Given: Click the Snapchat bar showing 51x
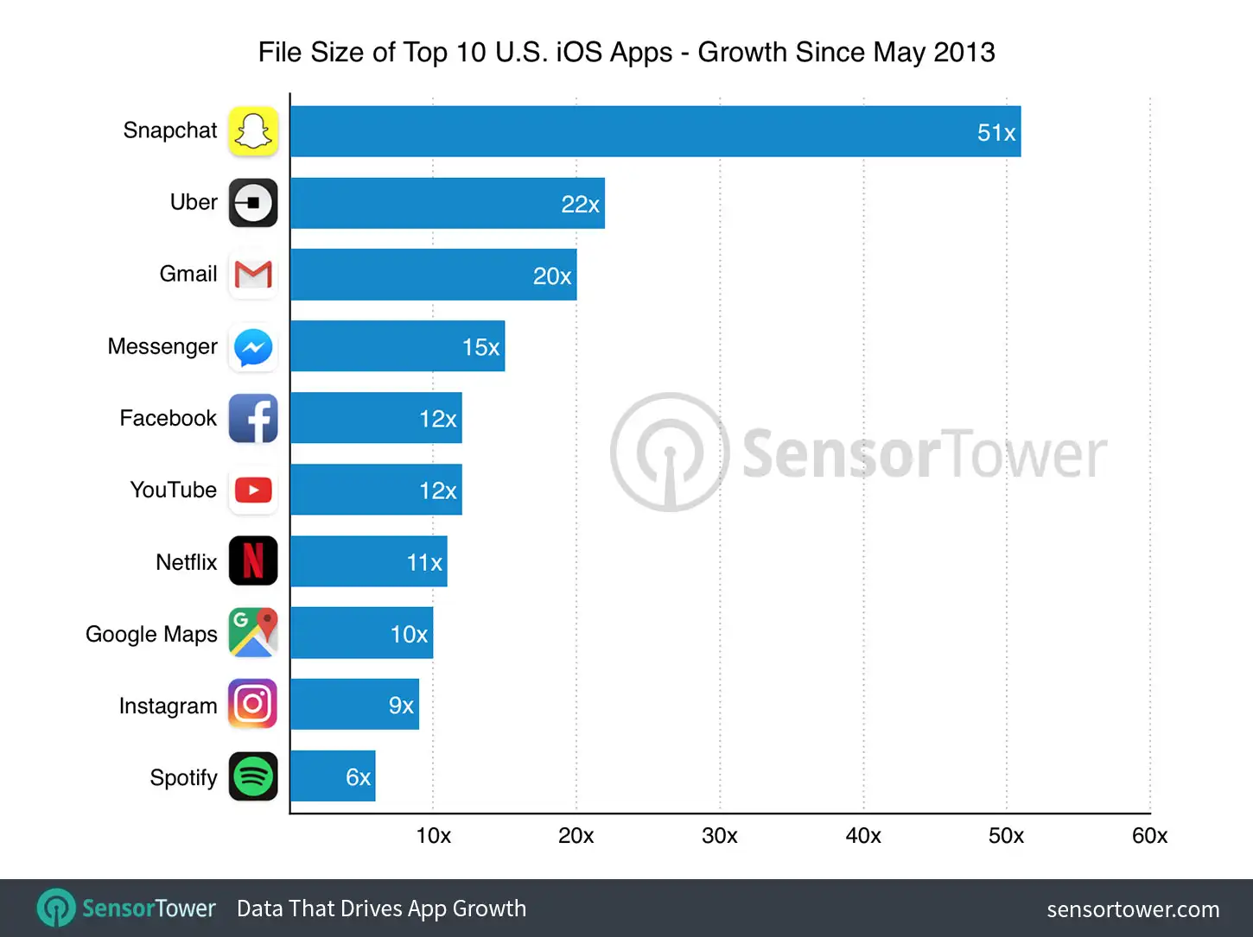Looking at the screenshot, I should pyautogui.click(x=655, y=131).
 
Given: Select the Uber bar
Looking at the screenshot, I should pyautogui.click(x=447, y=203).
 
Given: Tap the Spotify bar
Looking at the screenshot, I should pyautogui.click(x=333, y=776).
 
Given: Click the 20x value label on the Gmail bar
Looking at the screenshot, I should pyautogui.click(x=552, y=276).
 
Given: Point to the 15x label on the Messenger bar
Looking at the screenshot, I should pyautogui.click(x=480, y=347).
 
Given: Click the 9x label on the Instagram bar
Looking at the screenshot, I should pyautogui.click(x=401, y=706).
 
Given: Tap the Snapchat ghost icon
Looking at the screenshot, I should pyautogui.click(x=253, y=131).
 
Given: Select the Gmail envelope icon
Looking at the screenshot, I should pyautogui.click(x=253, y=275).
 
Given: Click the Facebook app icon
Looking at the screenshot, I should pyautogui.click(x=253, y=419).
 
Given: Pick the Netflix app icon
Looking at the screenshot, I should pyautogui.click(x=253, y=561).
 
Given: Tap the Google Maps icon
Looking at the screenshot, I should pyautogui.click(x=253, y=633).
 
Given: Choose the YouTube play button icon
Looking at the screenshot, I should pyautogui.click(x=253, y=491).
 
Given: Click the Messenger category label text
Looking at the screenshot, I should pyautogui.click(x=162, y=346).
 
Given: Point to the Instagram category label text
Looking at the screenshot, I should pyautogui.click(x=168, y=706).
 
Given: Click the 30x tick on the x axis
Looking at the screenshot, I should pyautogui.click(x=719, y=835).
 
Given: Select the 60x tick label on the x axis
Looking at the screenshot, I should pyautogui.click(x=1149, y=835).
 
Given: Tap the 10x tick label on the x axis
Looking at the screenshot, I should pyautogui.click(x=433, y=835).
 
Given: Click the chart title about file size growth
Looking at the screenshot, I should pyautogui.click(x=626, y=52).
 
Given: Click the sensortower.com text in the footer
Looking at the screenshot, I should pyautogui.click(x=1133, y=909).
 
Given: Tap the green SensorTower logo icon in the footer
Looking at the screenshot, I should pyautogui.click(x=56, y=909).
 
